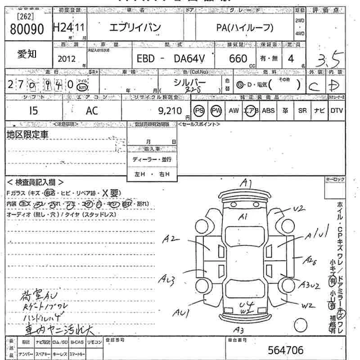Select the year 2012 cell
(x=67, y=59)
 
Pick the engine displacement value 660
(x=238, y=59)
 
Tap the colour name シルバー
(x=189, y=82)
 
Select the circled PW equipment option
(x=216, y=111)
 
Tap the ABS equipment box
(x=268, y=111)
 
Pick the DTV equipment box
(x=336, y=111)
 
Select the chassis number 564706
(x=285, y=350)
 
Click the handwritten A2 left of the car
(x=172, y=239)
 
